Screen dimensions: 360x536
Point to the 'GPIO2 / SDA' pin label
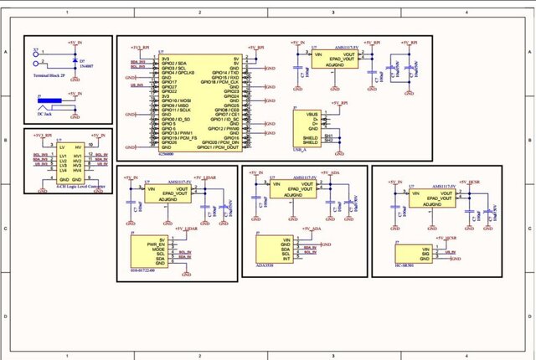(173, 62)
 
